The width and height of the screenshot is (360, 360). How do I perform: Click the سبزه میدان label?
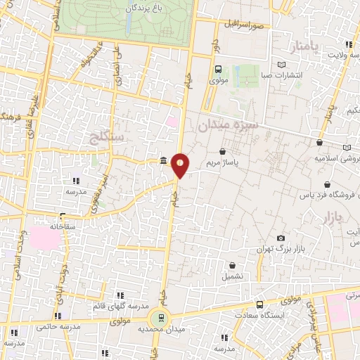pyautogui.click(x=228, y=125)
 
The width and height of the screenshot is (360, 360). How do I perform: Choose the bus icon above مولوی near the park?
pyautogui.click(x=218, y=69)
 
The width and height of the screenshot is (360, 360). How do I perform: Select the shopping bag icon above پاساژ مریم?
pyautogui.click(x=223, y=151)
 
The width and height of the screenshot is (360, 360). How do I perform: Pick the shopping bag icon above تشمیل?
pyautogui.click(x=233, y=265)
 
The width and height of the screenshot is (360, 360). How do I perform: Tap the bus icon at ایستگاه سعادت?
pyautogui.click(x=261, y=305)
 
